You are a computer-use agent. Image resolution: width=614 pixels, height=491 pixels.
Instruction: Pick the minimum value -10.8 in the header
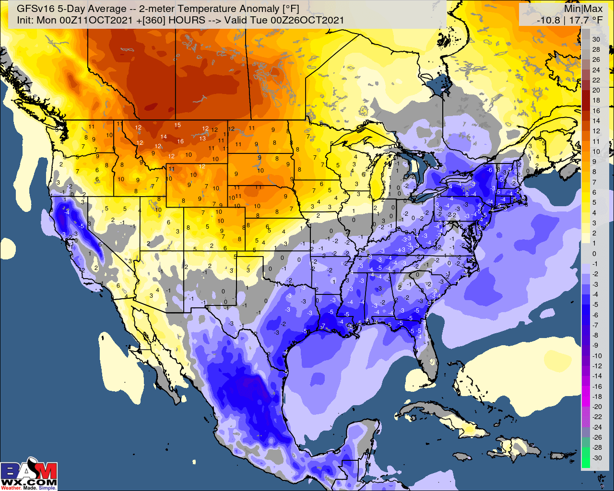pos(548,20)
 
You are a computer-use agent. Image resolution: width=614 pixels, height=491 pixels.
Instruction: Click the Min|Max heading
pos(583,9)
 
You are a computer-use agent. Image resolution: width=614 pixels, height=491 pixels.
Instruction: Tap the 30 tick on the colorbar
pos(596,39)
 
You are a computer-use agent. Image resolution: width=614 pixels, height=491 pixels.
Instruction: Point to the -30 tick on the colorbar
pos(597,458)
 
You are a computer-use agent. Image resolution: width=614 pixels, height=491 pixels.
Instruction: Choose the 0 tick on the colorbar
pos(594,254)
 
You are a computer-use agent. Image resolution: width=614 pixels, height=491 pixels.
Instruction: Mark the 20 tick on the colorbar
pos(596,90)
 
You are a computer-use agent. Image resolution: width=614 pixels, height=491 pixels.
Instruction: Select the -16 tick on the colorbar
pos(597,386)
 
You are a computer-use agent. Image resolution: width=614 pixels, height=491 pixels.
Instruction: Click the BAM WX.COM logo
pos(29,476)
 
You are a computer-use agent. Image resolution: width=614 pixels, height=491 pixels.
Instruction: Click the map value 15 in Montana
pos(177,126)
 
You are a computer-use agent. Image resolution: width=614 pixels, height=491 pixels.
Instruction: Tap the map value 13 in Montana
pos(202,139)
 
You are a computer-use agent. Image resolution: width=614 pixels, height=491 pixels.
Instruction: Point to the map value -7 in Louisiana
pos(323,327)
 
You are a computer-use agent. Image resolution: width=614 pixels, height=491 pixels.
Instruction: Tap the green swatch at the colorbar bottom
pos(585,458)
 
